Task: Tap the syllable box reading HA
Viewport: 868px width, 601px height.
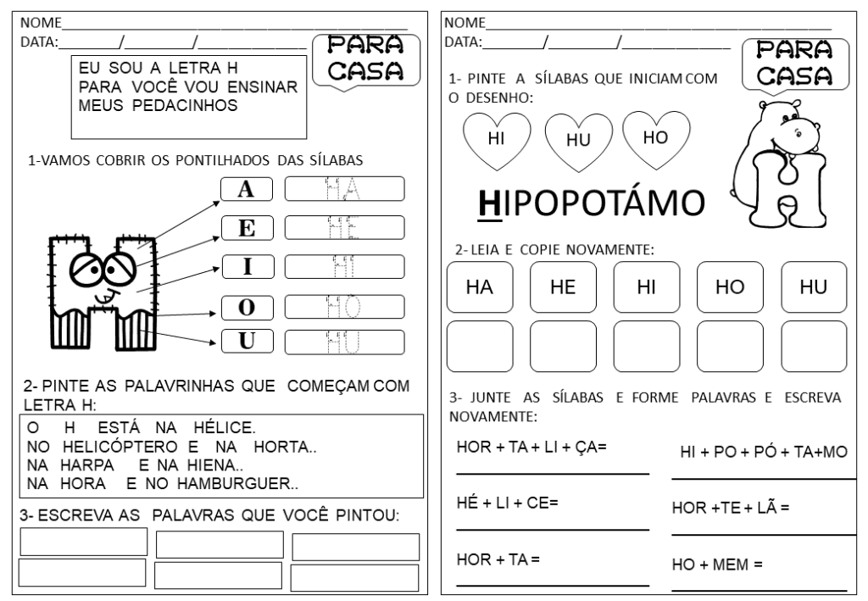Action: tap(479, 287)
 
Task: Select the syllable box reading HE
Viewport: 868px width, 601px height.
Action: tap(563, 287)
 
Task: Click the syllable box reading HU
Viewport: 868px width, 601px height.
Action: tap(814, 287)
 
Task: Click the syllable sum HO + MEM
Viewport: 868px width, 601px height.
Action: tap(717, 564)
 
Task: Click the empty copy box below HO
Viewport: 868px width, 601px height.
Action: tap(730, 346)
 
